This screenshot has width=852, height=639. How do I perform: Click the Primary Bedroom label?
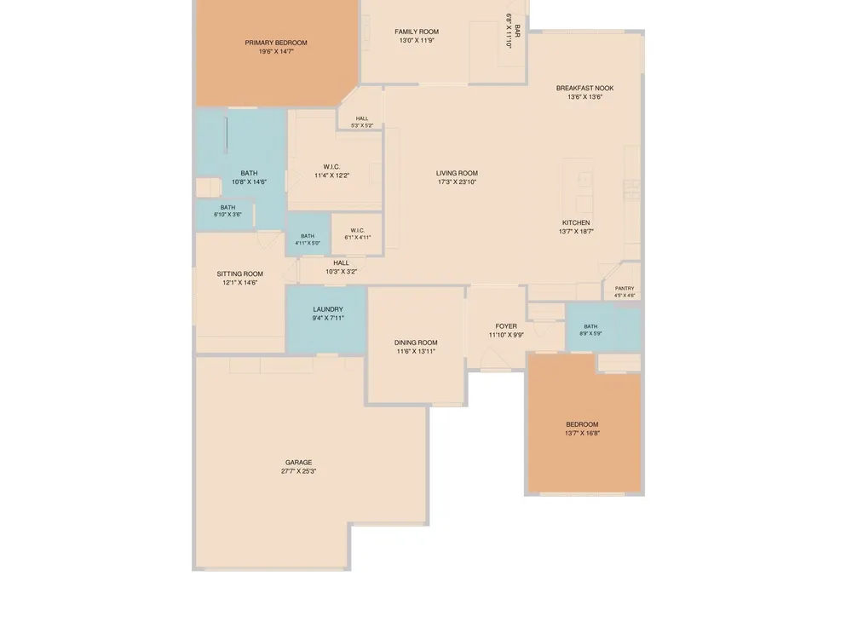(276, 43)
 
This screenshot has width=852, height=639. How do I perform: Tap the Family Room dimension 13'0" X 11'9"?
(417, 40)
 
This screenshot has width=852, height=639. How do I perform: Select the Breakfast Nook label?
(584, 88)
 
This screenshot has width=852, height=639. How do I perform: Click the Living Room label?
(457, 173)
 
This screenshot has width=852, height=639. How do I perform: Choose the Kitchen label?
(576, 222)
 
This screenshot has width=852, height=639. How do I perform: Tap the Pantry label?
(625, 289)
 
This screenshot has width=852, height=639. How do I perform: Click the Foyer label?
(506, 326)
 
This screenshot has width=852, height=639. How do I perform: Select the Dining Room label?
(416, 343)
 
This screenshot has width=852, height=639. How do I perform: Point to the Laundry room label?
(328, 310)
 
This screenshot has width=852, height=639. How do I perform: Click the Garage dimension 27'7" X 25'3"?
(298, 472)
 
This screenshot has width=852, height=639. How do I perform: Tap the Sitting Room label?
(239, 274)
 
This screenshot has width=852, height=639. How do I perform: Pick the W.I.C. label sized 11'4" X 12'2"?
(331, 167)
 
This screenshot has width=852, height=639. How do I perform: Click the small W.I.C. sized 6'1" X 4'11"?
(358, 230)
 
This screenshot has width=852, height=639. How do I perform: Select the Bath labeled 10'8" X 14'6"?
(249, 173)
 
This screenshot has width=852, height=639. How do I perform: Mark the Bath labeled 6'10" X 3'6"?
(227, 208)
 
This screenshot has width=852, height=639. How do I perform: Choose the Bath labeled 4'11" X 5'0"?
(308, 236)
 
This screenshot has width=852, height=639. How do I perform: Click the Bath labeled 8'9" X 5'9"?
(590, 326)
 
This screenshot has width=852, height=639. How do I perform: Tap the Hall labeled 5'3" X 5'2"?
(362, 118)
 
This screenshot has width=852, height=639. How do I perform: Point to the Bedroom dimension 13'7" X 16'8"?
(582, 434)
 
